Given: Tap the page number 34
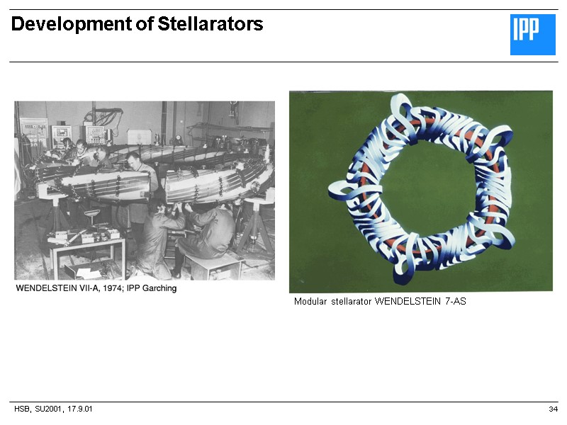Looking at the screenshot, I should click(553, 410).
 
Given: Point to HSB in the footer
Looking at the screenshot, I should click(22, 410).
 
